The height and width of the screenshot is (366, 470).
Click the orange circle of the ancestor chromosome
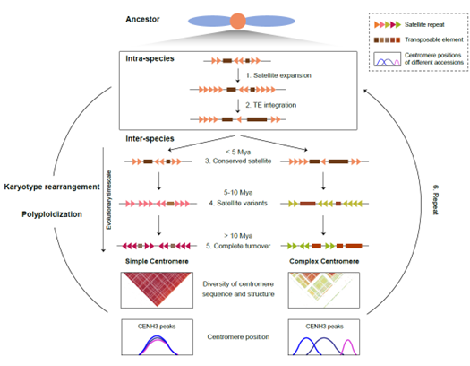(x=238, y=21)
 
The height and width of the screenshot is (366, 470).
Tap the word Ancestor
(x=142, y=19)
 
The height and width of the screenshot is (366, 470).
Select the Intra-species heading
(x=150, y=58)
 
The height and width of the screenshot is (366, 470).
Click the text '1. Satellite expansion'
(x=278, y=75)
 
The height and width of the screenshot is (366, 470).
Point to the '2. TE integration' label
(x=270, y=105)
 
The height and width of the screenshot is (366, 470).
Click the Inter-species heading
(x=150, y=139)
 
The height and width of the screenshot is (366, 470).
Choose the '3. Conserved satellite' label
(x=238, y=161)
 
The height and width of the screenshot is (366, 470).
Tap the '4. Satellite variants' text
(x=238, y=203)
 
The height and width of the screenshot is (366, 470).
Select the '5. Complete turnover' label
(x=238, y=246)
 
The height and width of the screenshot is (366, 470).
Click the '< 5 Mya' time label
(x=238, y=152)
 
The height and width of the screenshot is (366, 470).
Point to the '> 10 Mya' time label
(x=238, y=236)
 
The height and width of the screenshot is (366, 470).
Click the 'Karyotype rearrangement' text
(x=52, y=187)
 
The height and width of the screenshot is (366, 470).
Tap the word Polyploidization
(x=52, y=214)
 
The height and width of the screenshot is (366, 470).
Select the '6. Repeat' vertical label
(x=435, y=200)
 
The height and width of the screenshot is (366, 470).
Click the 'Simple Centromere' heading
(x=157, y=261)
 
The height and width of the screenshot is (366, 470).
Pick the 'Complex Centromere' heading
(x=324, y=261)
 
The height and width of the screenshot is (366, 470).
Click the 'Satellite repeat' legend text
(x=424, y=24)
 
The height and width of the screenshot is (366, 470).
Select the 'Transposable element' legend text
(x=434, y=39)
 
